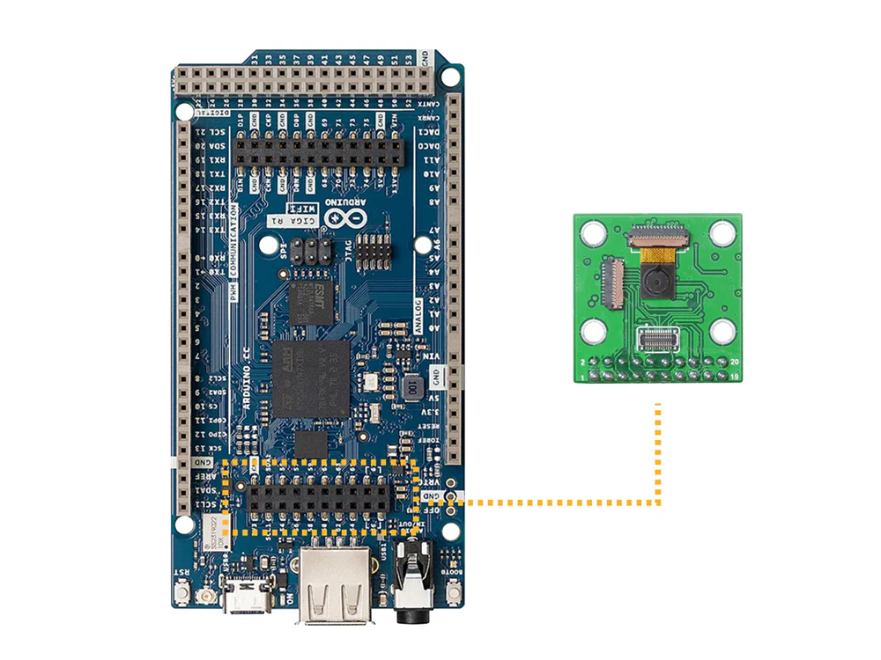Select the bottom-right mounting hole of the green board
pyautogui.click(x=723, y=332)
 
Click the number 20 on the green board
pyautogui.click(x=735, y=362)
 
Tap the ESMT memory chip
pyautogui.click(x=312, y=302)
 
